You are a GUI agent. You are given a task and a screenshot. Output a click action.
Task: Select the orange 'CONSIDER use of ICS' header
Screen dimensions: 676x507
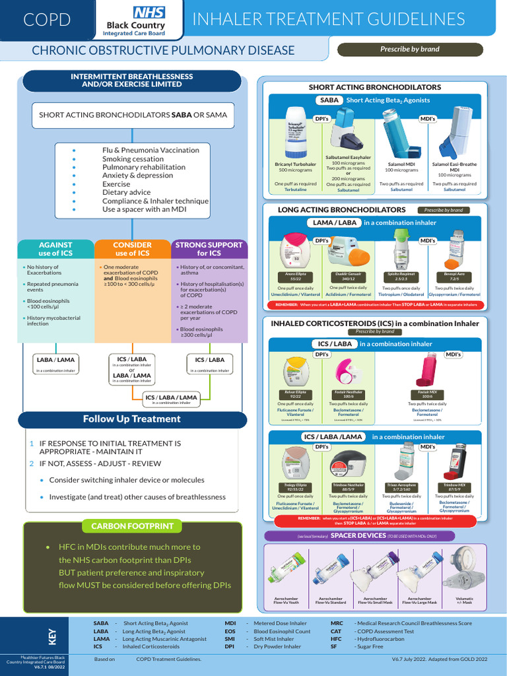[x=132, y=249]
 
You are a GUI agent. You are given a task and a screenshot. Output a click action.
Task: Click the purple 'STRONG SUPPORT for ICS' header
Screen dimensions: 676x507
[x=209, y=249]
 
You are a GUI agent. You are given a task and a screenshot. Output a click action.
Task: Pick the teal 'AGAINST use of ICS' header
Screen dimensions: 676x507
[x=55, y=249]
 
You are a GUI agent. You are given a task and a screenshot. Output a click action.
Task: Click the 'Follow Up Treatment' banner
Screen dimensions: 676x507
[x=131, y=419]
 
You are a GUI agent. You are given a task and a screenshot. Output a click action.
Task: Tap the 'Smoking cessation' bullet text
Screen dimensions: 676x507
[x=133, y=159]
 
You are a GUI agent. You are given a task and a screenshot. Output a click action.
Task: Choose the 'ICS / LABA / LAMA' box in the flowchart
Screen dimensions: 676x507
[x=170, y=398]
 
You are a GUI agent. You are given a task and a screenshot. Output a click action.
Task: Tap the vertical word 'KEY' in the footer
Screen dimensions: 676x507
[x=53, y=636]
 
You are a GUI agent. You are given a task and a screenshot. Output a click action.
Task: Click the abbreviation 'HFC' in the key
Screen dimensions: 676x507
[x=337, y=640]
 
